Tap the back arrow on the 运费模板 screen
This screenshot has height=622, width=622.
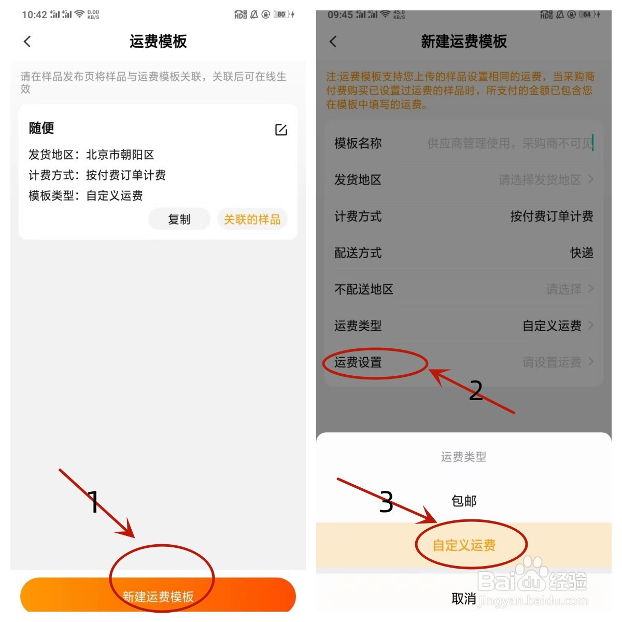click(x=27, y=41)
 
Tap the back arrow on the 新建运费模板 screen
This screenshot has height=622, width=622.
click(x=333, y=41)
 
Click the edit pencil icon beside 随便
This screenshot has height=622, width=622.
click(x=281, y=130)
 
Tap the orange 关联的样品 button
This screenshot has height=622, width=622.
click(x=252, y=219)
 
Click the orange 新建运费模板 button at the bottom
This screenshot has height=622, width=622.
click(x=158, y=596)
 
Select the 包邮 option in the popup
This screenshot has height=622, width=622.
click(x=464, y=501)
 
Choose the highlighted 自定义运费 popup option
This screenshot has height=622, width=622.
click(x=464, y=545)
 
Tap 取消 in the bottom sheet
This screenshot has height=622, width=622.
click(x=463, y=599)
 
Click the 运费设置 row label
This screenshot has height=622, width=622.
click(x=358, y=362)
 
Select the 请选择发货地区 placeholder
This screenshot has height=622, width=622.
click(x=540, y=180)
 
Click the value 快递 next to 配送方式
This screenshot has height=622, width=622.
click(x=582, y=253)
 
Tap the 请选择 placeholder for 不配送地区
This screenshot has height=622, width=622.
click(x=564, y=289)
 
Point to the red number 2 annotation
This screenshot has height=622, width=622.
click(x=475, y=390)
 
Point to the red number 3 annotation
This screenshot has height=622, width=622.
click(x=386, y=502)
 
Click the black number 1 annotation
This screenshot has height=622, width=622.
click(x=94, y=502)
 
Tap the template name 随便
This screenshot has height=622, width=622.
click(x=41, y=128)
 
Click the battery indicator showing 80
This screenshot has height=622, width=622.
click(x=281, y=15)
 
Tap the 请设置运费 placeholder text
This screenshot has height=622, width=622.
click(x=552, y=362)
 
